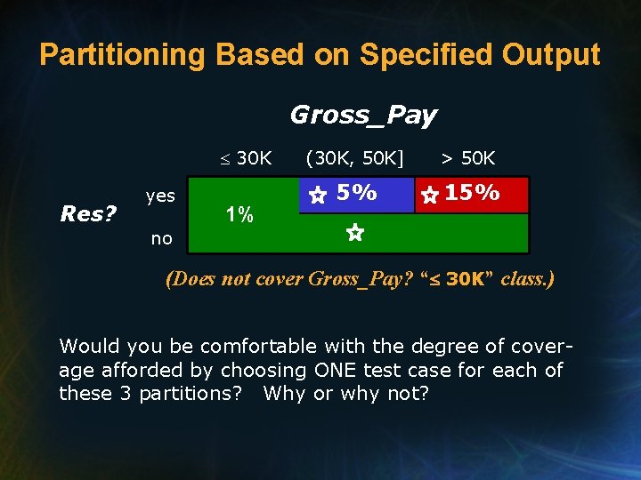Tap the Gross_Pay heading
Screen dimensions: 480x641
363,115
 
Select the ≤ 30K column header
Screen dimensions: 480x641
247,158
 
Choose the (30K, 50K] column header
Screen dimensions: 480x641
354,158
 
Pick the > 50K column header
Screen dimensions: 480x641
468,158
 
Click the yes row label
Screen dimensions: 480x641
160,196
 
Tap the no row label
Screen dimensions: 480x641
161,238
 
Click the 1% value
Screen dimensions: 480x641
239,214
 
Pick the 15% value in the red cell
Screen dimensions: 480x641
472,192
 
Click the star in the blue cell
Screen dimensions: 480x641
317,196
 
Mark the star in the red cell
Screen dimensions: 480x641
429,196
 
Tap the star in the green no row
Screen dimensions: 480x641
353,234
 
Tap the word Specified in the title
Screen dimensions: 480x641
410,55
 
